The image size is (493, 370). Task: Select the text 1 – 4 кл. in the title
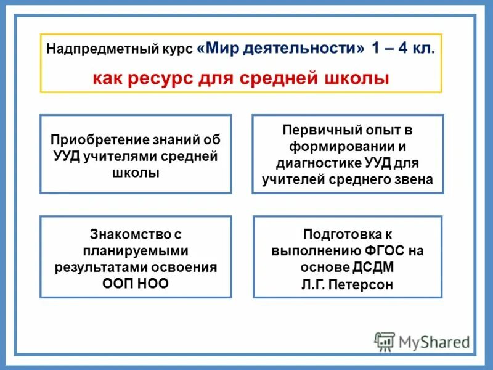[x=403, y=49]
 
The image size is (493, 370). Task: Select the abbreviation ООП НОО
[x=136, y=284]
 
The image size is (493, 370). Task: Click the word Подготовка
[x=340, y=234]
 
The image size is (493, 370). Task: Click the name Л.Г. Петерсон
[x=348, y=284]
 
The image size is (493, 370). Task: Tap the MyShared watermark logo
[x=422, y=341]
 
